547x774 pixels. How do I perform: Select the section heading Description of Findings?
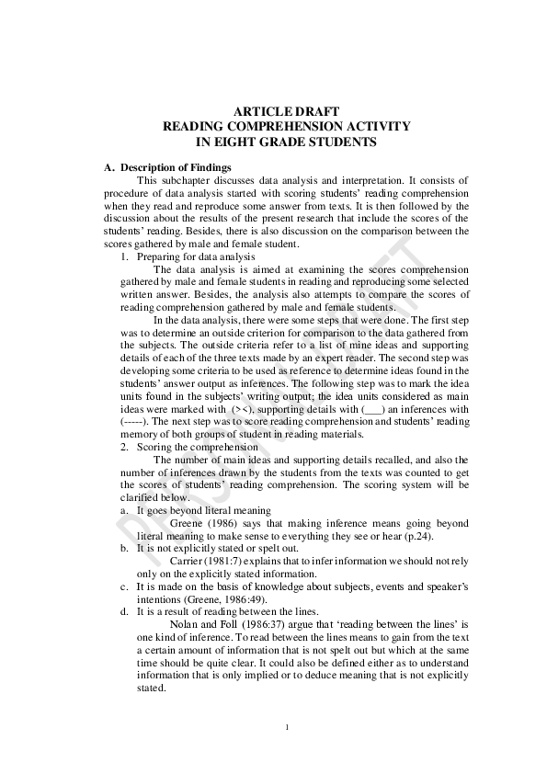click(x=176, y=167)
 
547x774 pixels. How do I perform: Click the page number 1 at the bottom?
click(x=287, y=728)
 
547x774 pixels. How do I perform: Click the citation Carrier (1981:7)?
click(x=205, y=560)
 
